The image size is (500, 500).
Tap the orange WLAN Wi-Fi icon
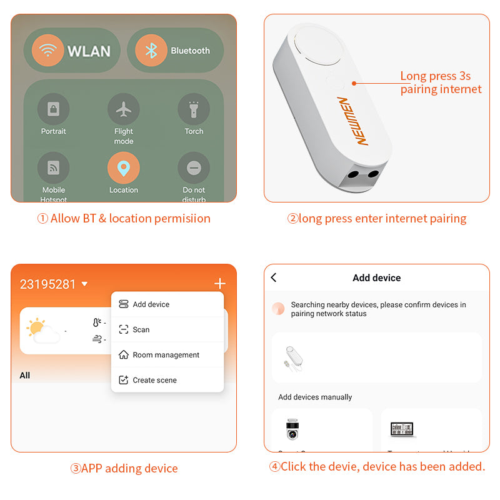[x=47, y=51]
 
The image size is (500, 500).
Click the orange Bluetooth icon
[x=151, y=51]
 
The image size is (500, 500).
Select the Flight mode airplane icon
[x=124, y=109]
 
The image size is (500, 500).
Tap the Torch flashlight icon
[x=194, y=109]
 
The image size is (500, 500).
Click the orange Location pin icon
[x=124, y=168]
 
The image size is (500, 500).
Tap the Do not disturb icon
[x=194, y=168]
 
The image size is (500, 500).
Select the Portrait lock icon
[x=53, y=109]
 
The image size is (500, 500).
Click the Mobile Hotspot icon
[x=53, y=168]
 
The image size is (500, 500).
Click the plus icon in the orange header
[x=219, y=284]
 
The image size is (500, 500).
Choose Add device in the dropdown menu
[x=151, y=304]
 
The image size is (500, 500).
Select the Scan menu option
[x=141, y=329]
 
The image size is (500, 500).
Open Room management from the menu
[x=166, y=355]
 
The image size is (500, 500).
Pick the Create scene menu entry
[x=154, y=380]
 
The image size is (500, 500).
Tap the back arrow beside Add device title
[x=274, y=277]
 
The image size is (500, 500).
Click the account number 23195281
[x=47, y=284]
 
